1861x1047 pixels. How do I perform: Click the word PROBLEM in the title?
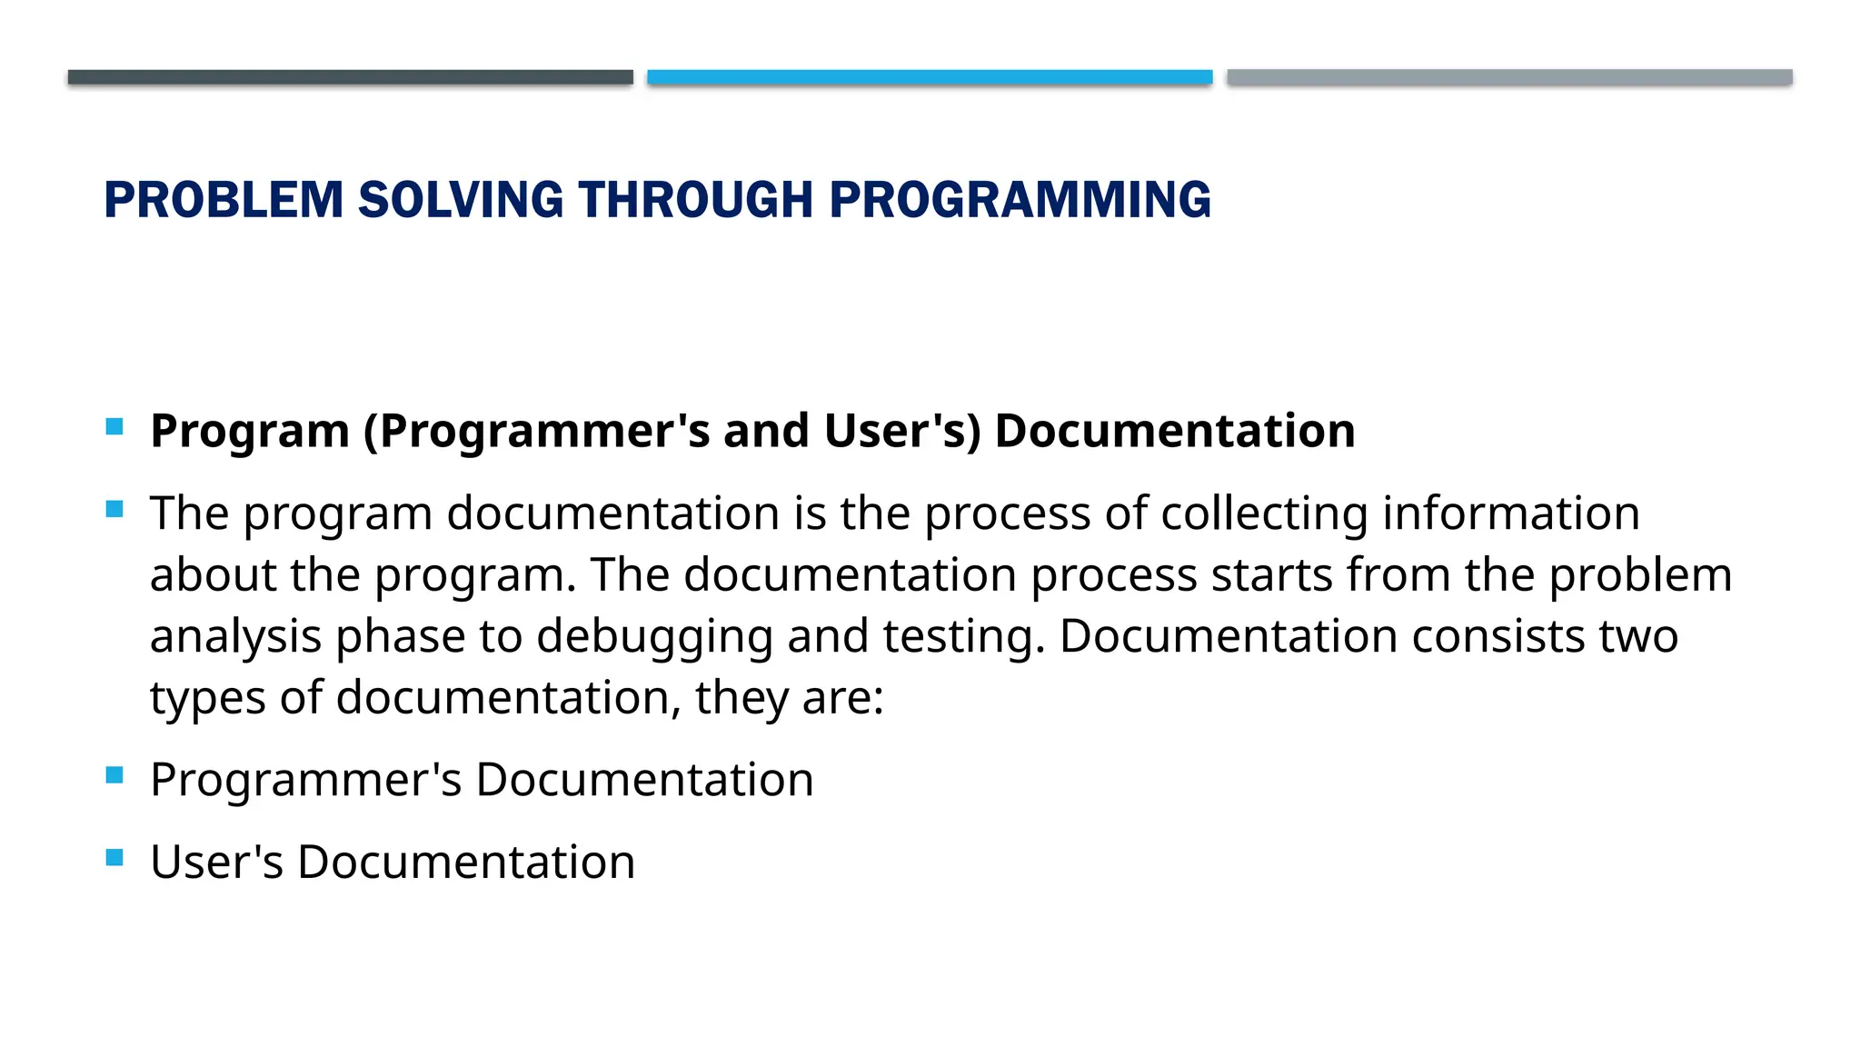[224, 200]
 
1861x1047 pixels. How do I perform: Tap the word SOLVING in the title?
[461, 200]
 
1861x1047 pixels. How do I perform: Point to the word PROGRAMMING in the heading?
[1020, 200]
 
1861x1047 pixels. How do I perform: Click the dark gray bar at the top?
[350, 77]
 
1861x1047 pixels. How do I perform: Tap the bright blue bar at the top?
[930, 77]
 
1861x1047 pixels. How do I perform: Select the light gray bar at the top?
[1509, 77]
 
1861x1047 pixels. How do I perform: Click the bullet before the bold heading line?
[114, 426]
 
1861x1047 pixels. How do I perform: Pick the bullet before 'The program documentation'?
[114, 509]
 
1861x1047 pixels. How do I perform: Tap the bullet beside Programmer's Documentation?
[114, 775]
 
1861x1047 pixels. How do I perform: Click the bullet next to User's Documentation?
[114, 857]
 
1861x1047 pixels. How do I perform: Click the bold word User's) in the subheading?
[902, 431]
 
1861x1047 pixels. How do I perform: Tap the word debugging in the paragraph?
[654, 637]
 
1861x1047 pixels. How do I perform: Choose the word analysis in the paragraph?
[235, 637]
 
